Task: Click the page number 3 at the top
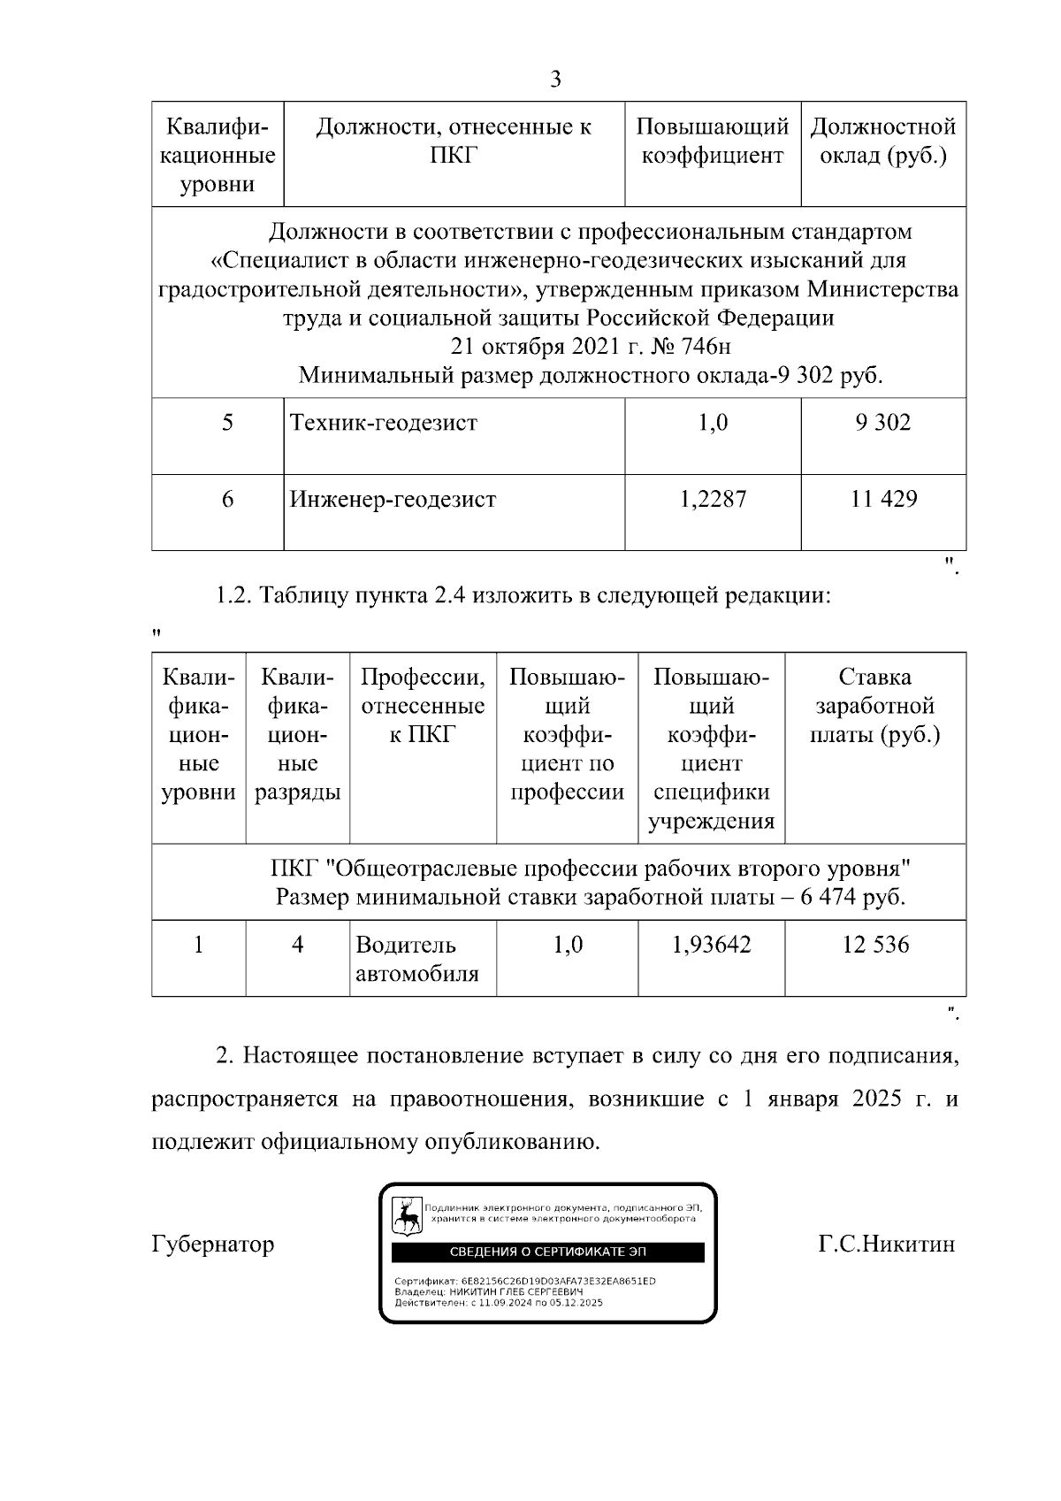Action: [x=555, y=80]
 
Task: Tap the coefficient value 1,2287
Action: [x=713, y=500]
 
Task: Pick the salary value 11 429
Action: [x=883, y=500]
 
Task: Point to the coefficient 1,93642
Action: [x=711, y=945]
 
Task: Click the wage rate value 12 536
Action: [x=875, y=945]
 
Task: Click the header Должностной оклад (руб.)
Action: [x=883, y=142]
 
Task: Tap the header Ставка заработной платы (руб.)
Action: [x=875, y=706]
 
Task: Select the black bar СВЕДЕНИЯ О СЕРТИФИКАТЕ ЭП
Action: [x=548, y=1252]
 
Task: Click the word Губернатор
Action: [x=213, y=1244]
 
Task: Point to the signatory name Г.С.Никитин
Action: [x=887, y=1244]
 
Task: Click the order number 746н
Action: [x=707, y=346]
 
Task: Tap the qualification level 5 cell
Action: [x=227, y=423]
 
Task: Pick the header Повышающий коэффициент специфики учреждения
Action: [x=712, y=748]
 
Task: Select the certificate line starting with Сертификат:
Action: [x=525, y=1282]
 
